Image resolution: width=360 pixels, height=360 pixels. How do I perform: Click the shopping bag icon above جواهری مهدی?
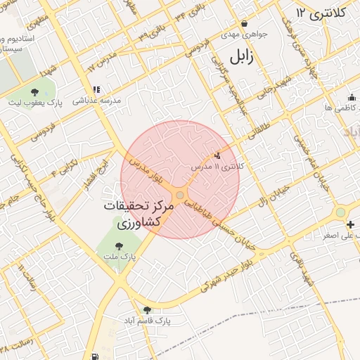point(243,23)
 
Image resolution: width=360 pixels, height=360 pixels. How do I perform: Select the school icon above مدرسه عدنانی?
point(96,90)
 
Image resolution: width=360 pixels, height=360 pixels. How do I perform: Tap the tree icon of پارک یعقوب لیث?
point(35,91)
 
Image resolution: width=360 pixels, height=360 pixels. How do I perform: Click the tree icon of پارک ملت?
point(118,245)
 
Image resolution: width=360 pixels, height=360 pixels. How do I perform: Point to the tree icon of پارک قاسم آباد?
point(147,310)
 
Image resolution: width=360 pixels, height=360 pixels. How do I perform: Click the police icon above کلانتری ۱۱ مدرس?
point(217,156)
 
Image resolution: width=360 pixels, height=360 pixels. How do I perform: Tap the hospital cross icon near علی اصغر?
point(351,224)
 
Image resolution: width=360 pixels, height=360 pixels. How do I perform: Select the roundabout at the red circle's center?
point(180,194)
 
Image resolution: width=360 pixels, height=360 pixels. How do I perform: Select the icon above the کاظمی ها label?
point(351,97)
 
